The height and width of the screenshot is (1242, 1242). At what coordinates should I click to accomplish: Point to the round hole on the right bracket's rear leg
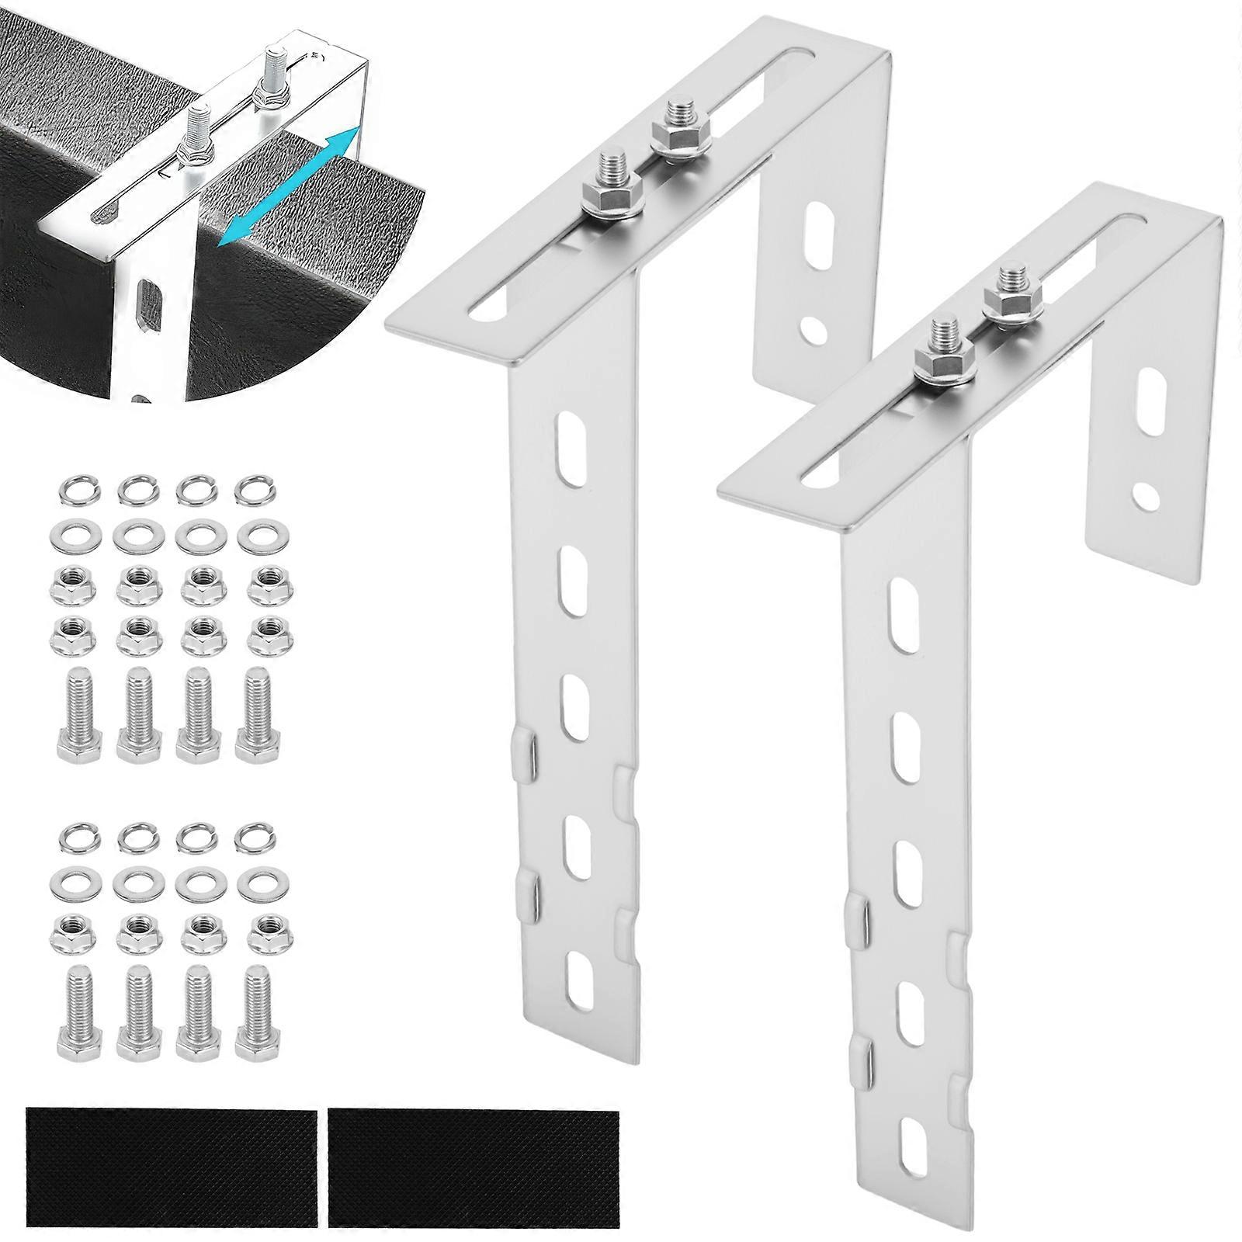coord(1144,492)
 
